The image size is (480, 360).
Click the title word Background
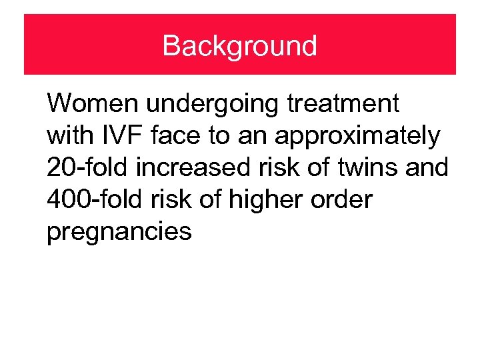(239, 46)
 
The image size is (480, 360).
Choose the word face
(171, 136)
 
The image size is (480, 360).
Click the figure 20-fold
(87, 167)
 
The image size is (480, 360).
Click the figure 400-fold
(97, 199)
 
